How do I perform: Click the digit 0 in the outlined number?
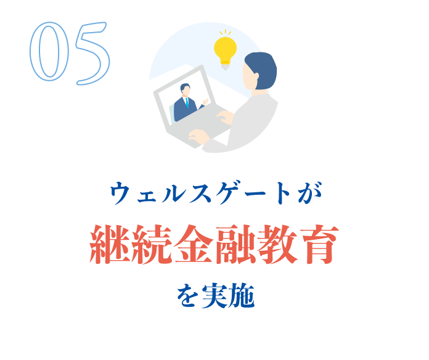coord(49,53)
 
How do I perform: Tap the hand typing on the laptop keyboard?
coord(198,137)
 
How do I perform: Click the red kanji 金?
coord(194,245)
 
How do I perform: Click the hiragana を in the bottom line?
coord(187,297)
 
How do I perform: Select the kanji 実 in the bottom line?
coord(214,297)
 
